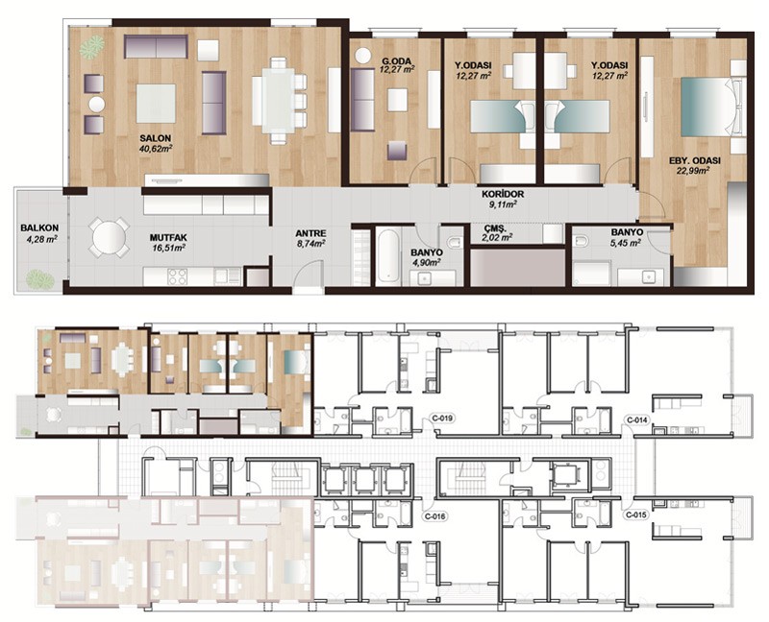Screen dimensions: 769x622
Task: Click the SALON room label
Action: click(x=155, y=138)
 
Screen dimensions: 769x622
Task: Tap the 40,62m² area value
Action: click(x=156, y=148)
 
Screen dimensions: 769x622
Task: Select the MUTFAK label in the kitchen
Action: click(x=168, y=238)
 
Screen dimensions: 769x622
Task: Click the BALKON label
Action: click(x=39, y=228)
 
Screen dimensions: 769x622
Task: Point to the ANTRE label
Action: click(x=310, y=233)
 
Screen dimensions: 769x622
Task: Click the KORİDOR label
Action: click(x=503, y=195)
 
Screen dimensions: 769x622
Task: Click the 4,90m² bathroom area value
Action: click(x=426, y=262)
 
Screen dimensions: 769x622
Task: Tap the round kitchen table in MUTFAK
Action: click(x=109, y=237)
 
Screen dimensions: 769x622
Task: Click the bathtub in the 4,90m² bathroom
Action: click(x=388, y=255)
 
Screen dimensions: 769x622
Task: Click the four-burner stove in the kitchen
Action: click(x=178, y=276)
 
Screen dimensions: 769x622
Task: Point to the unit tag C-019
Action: click(x=442, y=419)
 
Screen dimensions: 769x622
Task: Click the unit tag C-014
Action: click(x=637, y=420)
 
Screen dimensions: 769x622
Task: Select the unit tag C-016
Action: click(x=434, y=516)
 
